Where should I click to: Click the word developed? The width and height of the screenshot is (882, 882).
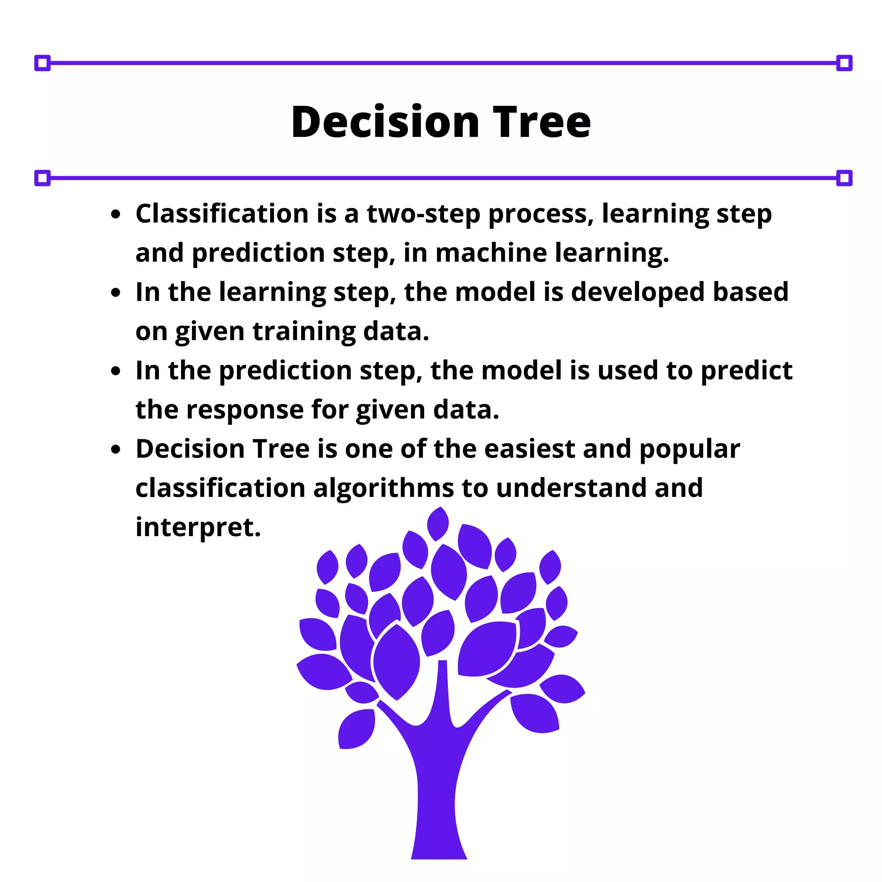[638, 292]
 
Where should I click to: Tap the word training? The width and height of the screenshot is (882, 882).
[304, 332]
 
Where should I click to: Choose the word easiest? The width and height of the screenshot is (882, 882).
[529, 449]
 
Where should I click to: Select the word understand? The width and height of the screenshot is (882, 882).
[571, 488]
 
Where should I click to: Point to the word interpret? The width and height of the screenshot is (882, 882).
[198, 528]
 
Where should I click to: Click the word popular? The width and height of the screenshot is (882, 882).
[689, 450]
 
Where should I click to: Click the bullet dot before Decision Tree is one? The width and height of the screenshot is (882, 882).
[116, 449]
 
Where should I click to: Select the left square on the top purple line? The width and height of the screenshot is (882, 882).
[43, 63]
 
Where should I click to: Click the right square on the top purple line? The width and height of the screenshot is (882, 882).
[844, 63]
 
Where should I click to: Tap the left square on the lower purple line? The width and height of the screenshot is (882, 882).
[43, 178]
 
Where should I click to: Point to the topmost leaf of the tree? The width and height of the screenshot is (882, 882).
[438, 523]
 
